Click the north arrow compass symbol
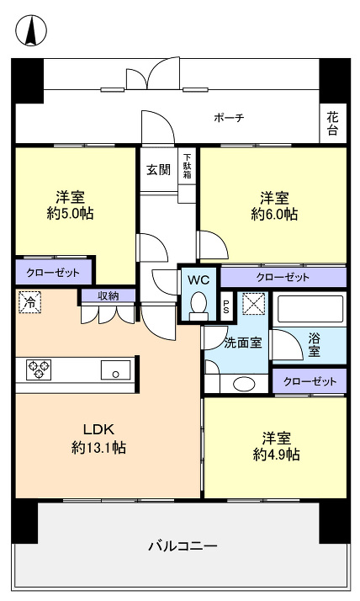31,31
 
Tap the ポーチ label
229,118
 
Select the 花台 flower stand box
333,124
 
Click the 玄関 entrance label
158,169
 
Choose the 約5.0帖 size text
70,214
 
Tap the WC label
199,278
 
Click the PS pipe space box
225,306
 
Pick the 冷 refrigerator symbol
29,300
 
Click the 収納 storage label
108,295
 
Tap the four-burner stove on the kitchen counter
40,369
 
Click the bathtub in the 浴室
310,310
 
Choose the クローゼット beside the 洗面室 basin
310,381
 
